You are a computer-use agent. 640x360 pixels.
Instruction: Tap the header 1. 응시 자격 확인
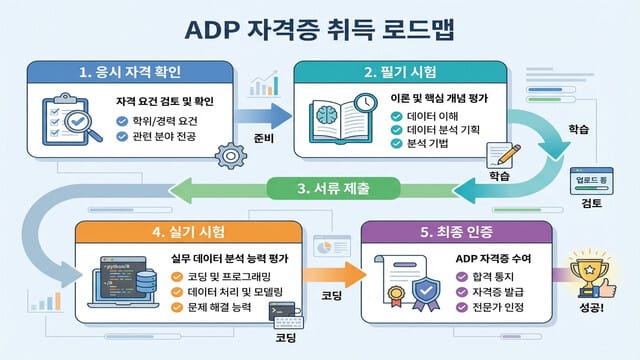[129, 73]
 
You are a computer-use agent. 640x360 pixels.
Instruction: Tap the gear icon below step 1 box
[231, 155]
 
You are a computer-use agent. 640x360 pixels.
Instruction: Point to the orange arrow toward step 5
[326, 270]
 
